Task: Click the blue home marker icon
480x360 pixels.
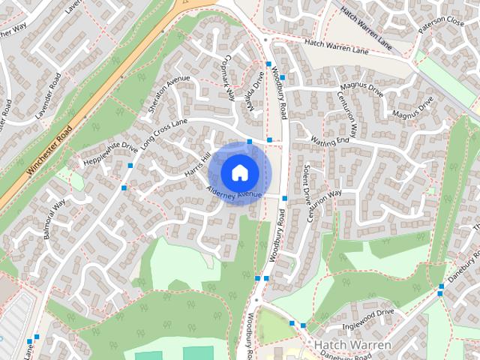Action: click(x=239, y=172)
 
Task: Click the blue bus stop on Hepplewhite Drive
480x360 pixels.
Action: click(x=130, y=165)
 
